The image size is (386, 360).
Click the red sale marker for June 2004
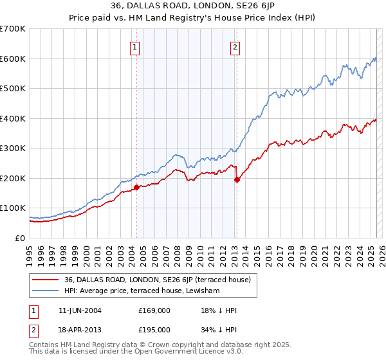(x=136, y=188)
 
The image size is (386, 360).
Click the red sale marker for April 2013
(x=237, y=180)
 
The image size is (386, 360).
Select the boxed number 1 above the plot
(x=135, y=46)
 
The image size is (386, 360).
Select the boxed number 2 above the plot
(x=235, y=46)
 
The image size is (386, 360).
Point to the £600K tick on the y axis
(x=13, y=59)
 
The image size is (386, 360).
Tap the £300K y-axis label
(x=13, y=148)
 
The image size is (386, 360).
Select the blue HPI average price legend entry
(x=142, y=291)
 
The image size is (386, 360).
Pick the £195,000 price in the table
(x=154, y=329)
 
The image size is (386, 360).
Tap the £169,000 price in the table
(x=154, y=310)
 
